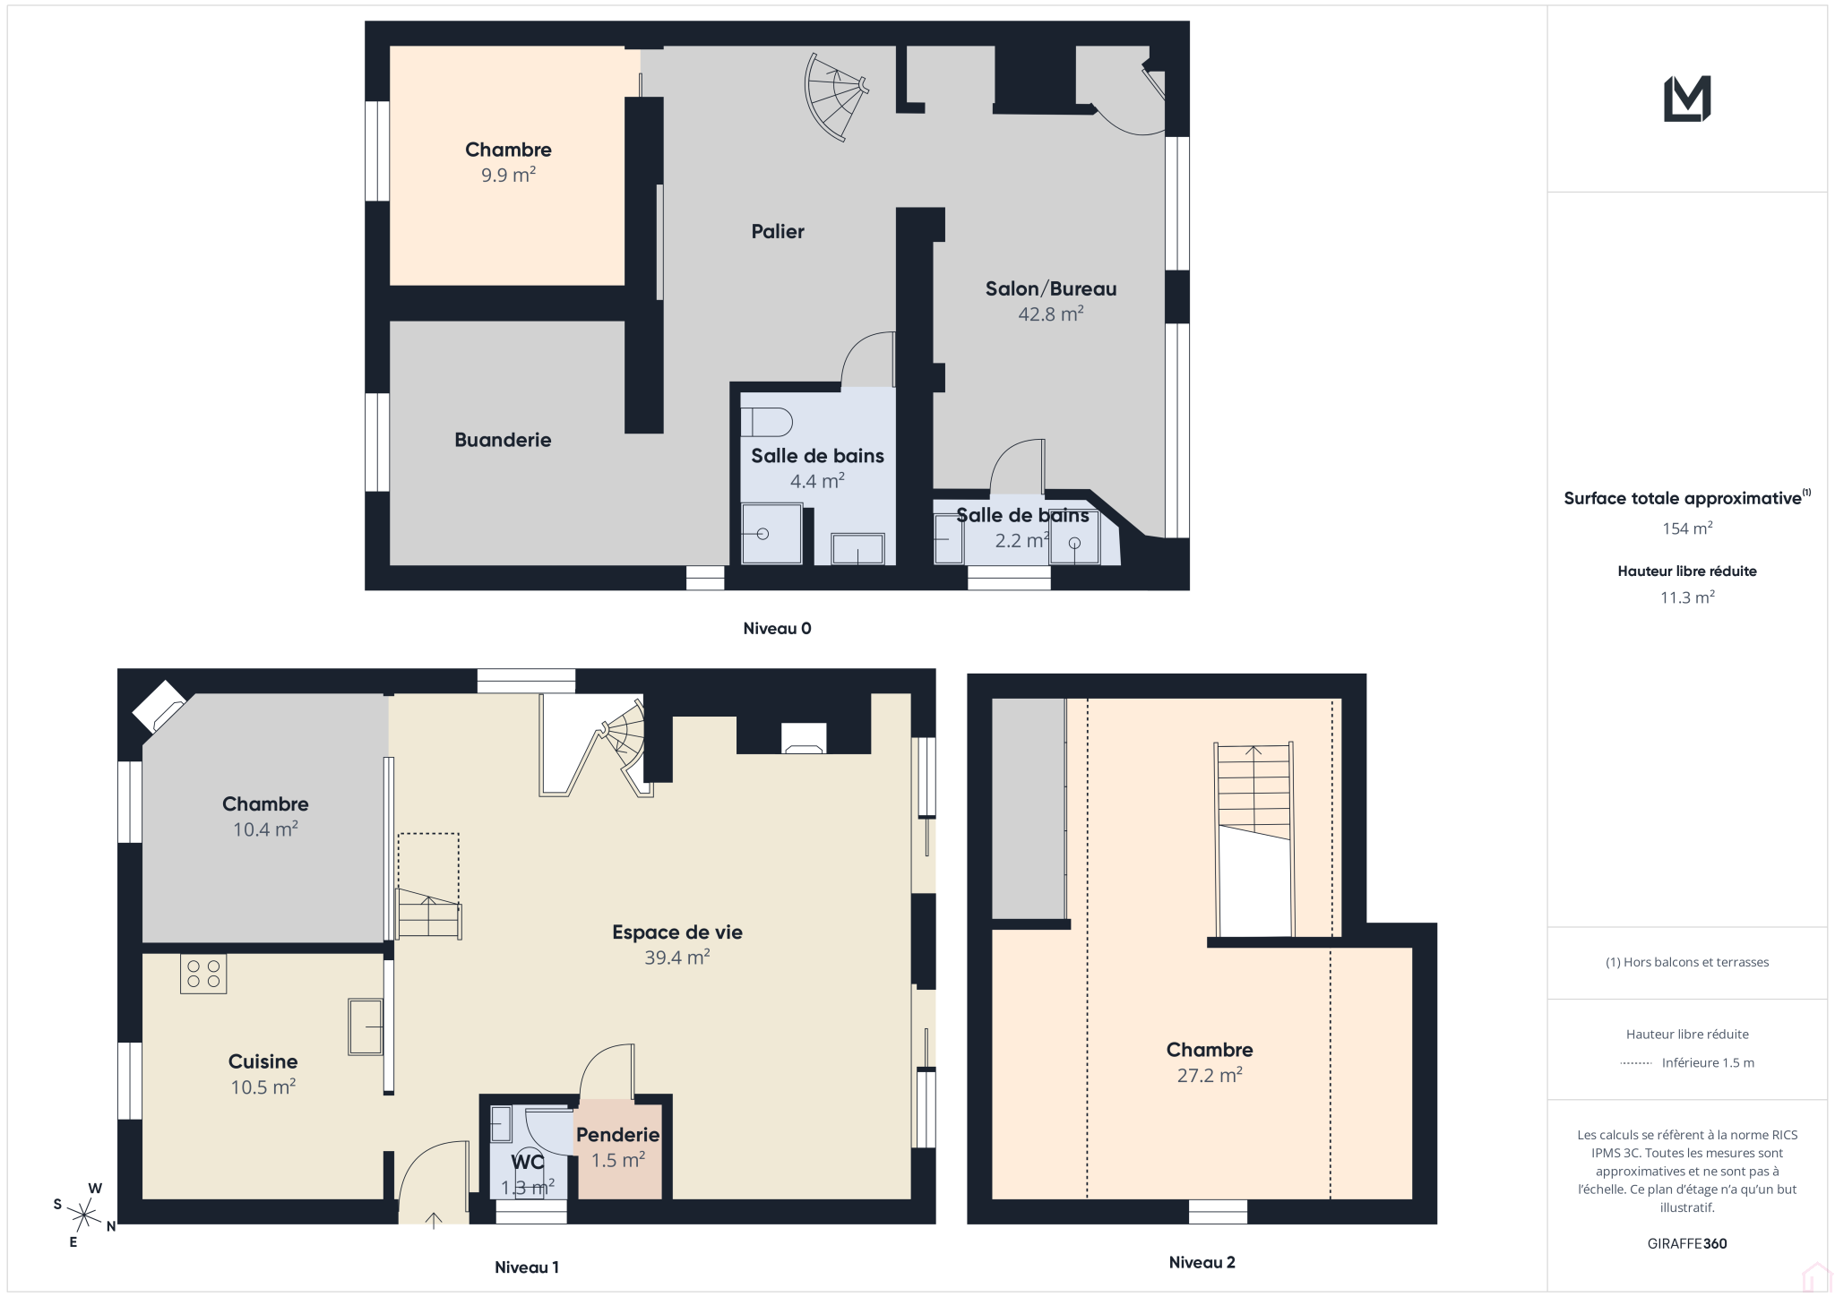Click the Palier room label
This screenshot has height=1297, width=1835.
click(x=778, y=231)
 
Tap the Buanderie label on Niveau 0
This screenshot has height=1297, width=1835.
click(x=503, y=440)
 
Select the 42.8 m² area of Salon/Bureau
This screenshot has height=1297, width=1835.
click(x=1051, y=314)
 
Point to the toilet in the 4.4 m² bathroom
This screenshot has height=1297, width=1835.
click(x=767, y=422)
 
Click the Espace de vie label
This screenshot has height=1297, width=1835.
click(x=677, y=932)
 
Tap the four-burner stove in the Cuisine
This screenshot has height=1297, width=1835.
click(x=203, y=974)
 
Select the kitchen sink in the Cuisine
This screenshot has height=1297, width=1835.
click(x=366, y=1026)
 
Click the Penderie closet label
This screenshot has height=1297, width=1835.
click(x=618, y=1134)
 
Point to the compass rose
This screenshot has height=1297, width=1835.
click(x=84, y=1215)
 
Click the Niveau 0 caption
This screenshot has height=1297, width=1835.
click(x=777, y=628)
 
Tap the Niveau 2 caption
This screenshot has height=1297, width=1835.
click(x=1202, y=1262)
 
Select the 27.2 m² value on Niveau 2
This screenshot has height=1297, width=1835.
click(x=1210, y=1075)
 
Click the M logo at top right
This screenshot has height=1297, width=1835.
click(x=1687, y=99)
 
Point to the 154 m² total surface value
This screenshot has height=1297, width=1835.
click(x=1687, y=528)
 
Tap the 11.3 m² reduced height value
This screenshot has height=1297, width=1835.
click(x=1687, y=597)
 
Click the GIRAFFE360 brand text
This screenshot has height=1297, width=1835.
click(x=1687, y=1243)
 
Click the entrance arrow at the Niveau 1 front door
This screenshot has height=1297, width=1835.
click(x=434, y=1220)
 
